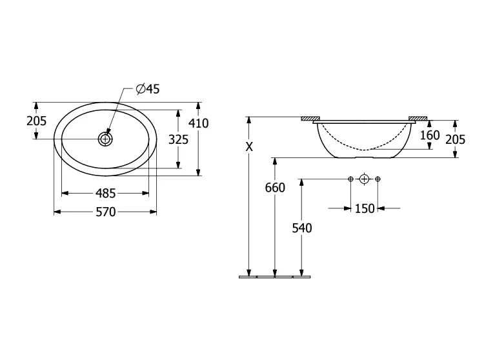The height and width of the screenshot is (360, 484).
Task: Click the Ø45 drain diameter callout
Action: click(x=148, y=89)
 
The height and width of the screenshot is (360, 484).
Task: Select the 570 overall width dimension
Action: click(x=106, y=212)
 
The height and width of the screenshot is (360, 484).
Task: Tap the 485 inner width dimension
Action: click(x=106, y=194)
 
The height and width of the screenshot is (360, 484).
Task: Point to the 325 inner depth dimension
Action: click(x=178, y=140)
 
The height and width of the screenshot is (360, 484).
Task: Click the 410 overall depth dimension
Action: click(x=199, y=123)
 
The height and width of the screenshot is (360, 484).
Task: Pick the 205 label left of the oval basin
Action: click(x=36, y=121)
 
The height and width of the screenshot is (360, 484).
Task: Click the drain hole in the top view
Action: click(x=105, y=139)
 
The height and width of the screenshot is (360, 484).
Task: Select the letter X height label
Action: click(x=249, y=147)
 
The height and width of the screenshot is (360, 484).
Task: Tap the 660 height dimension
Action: click(x=275, y=188)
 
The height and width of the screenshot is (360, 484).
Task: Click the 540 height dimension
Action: click(x=302, y=228)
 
